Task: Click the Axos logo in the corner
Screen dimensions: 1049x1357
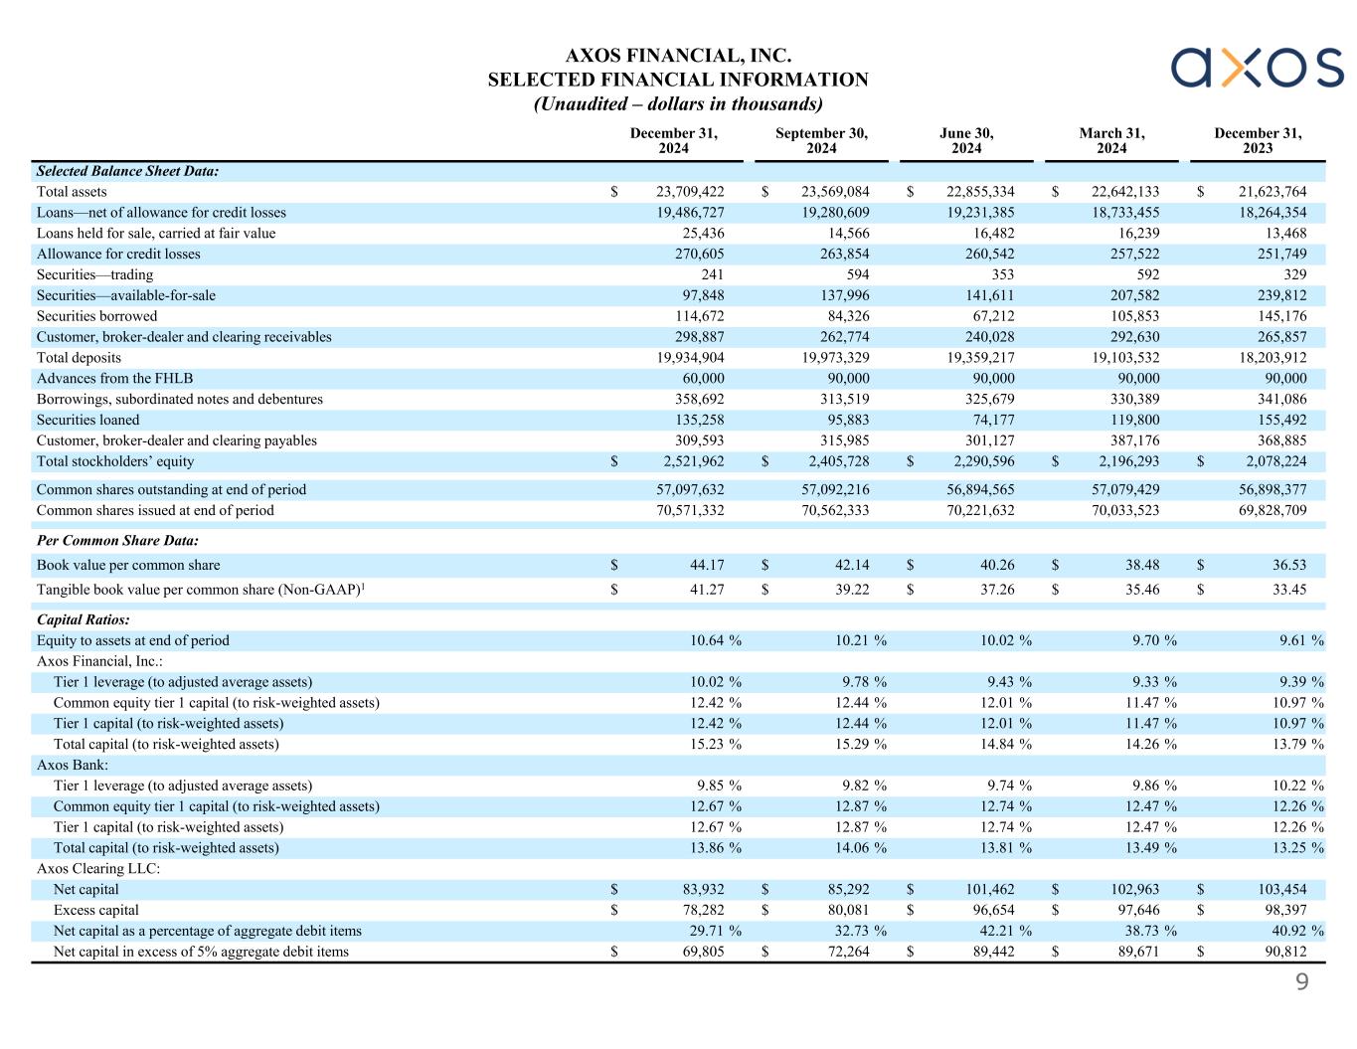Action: (1257, 67)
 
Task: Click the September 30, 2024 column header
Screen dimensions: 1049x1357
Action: (821, 141)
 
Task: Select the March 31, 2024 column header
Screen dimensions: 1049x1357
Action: (1111, 141)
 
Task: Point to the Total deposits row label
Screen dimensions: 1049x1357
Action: (79, 358)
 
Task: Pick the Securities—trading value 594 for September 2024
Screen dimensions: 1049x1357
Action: (856, 275)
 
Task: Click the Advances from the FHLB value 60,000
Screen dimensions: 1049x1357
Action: (701, 379)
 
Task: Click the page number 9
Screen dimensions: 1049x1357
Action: (1301, 983)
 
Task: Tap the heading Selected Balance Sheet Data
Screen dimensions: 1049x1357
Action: (127, 171)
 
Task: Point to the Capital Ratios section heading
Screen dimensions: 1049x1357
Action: (83, 619)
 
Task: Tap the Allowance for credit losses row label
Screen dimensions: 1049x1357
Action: (118, 255)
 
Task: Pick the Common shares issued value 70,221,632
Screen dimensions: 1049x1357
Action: (982, 511)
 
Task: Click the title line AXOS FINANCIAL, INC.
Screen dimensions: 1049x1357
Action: (678, 56)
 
